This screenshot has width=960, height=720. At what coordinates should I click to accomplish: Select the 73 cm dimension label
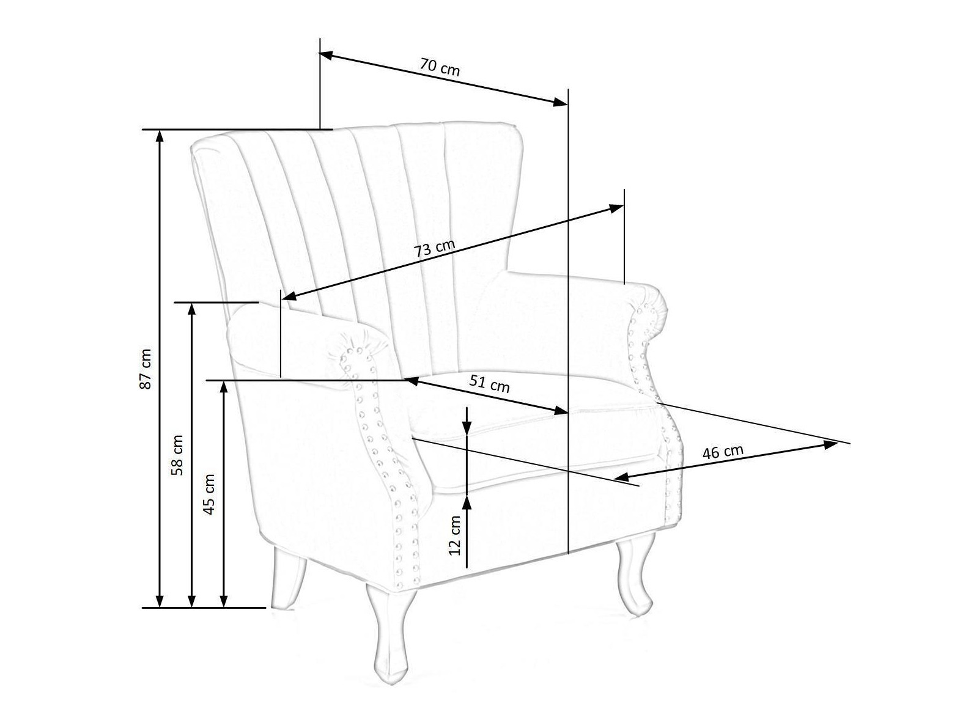point(435,248)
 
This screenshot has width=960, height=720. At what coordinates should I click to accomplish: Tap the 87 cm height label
point(145,369)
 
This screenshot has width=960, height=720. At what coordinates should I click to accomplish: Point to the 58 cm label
point(177,455)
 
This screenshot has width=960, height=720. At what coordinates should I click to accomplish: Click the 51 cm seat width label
point(489,383)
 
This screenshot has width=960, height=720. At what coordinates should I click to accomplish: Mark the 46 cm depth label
point(723,452)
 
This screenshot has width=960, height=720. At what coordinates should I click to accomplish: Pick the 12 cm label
point(454,535)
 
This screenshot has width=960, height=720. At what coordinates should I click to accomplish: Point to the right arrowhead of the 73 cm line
point(618,208)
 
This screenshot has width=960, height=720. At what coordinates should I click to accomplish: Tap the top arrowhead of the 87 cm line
point(160,136)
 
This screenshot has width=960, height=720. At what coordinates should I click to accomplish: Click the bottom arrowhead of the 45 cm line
point(224,601)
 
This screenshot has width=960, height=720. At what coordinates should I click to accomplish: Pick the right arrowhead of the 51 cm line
point(562,411)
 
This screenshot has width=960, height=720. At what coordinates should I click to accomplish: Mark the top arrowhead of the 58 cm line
point(192,308)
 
